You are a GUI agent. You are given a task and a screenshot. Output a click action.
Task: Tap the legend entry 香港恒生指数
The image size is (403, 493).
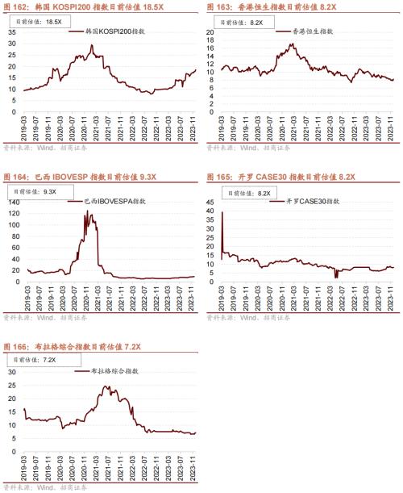pyautogui.click(x=310, y=31)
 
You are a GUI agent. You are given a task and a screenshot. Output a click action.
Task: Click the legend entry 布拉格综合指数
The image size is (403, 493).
pyautogui.click(x=113, y=370)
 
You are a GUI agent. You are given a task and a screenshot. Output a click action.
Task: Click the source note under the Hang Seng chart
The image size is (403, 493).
pyautogui.click(x=242, y=148)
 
